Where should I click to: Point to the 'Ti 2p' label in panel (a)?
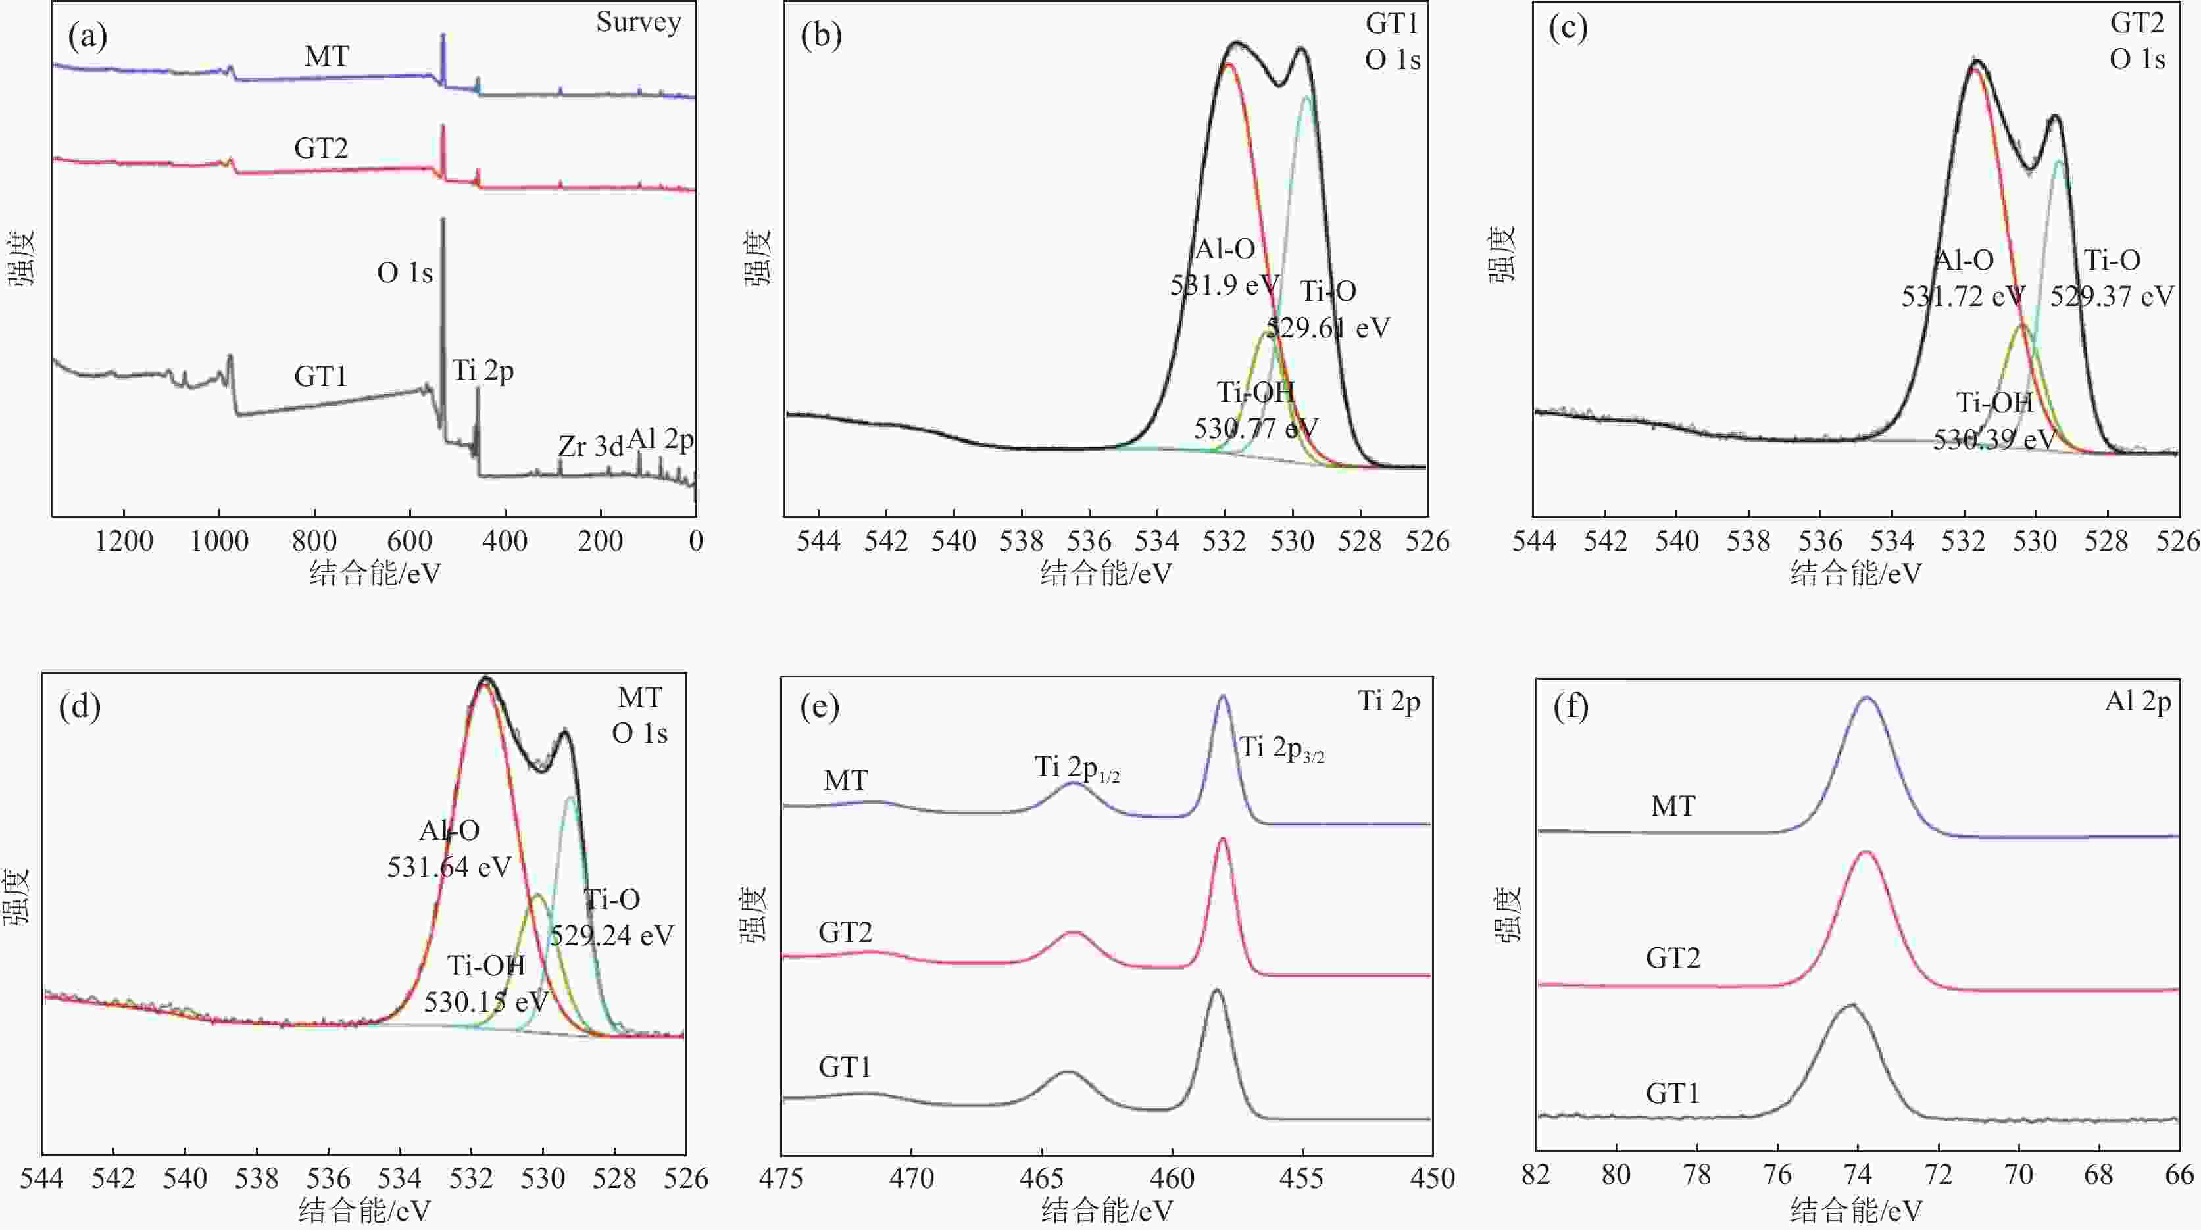(483, 371)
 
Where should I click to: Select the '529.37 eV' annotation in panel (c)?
(2112, 297)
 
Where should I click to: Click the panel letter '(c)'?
(1568, 28)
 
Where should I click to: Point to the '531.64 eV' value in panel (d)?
(449, 868)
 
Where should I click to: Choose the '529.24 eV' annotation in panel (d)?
(611, 936)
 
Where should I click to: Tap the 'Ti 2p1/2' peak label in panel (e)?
(1077, 769)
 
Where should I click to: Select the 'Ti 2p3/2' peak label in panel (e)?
(1281, 749)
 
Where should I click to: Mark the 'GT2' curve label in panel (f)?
(1672, 958)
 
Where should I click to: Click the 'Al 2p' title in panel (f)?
(2137, 702)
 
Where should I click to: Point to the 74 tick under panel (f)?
(1858, 1176)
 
